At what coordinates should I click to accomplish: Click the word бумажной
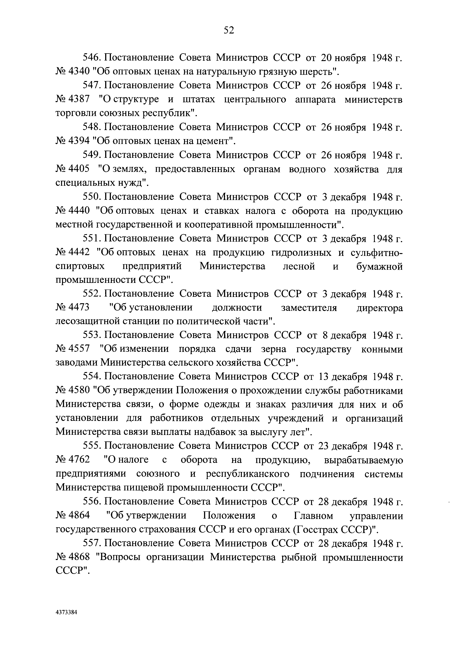[x=379, y=266]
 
